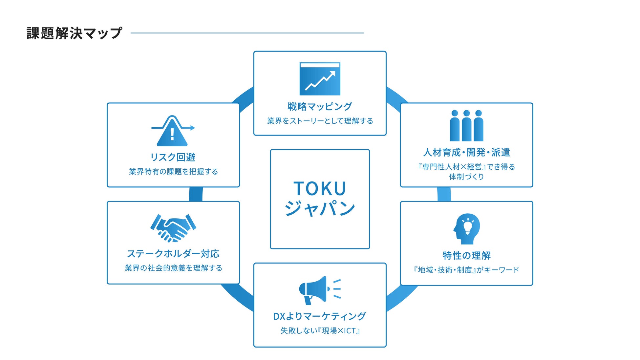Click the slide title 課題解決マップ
coord(74,33)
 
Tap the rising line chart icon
coord(320,79)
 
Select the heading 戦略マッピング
coord(320,106)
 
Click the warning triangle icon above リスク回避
coord(172,132)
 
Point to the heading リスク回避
coord(173,157)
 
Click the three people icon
coord(466,126)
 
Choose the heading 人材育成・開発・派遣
coord(466,152)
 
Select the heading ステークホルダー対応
coord(173,254)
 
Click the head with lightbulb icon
coord(467,229)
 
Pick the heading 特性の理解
coord(466,255)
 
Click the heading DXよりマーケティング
coord(319,316)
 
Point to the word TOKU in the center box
coord(320,189)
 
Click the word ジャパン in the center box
coord(320,208)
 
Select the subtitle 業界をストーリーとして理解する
coord(320,121)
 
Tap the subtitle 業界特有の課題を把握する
coord(173,172)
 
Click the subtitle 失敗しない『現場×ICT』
coord(320,331)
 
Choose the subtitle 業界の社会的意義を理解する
coord(173,268)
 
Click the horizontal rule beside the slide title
coord(247,33)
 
